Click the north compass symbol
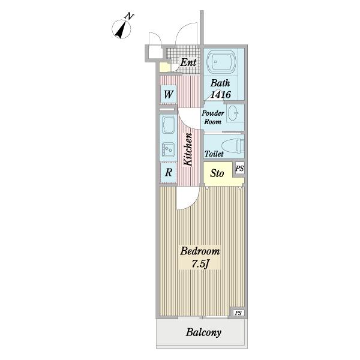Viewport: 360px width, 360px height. tap(121, 29)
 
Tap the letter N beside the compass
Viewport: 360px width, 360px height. tap(129, 16)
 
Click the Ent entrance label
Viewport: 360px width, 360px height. tap(188, 62)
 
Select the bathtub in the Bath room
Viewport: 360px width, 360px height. tap(221, 62)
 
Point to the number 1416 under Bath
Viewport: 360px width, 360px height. tap(220, 94)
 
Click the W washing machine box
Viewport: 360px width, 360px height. tap(168, 94)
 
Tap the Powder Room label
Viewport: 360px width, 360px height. tap(213, 118)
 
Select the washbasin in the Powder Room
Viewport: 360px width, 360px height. tap(233, 113)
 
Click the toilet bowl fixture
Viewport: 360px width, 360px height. tap(233, 146)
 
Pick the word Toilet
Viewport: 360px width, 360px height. tap(214, 154)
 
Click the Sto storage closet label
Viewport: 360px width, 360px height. tap(217, 173)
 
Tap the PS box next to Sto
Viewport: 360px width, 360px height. tap(239, 169)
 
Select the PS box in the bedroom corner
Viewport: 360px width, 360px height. tap(238, 313)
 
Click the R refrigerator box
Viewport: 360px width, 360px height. tap(169, 172)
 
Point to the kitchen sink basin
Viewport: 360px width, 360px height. tap(169, 149)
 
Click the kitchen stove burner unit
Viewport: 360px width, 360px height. tap(168, 125)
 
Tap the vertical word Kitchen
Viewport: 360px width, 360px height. tap(188, 149)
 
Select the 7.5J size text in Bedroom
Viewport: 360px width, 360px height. tap(200, 264)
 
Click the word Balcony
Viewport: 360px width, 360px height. tap(203, 332)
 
